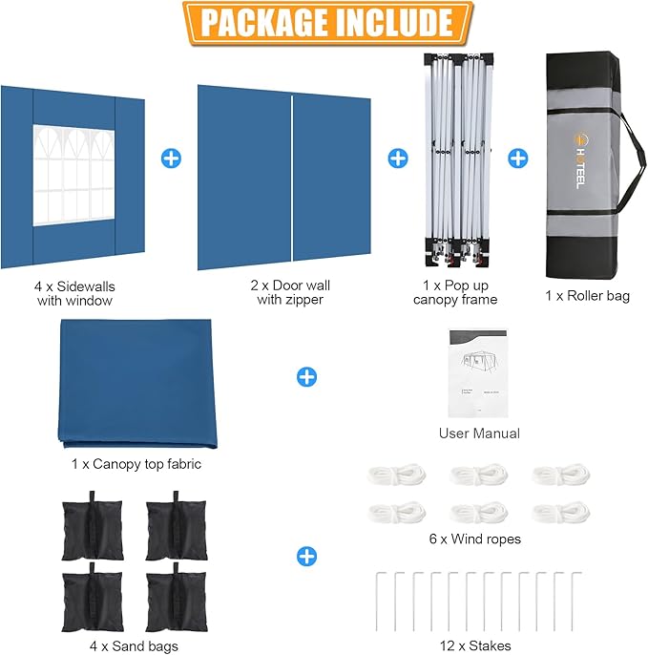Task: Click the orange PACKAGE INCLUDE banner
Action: pos(324,23)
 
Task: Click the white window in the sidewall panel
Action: pos(73,175)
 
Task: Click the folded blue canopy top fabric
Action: pos(138,385)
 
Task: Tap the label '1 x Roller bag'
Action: pos(587,297)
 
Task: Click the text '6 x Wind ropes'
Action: pos(475,539)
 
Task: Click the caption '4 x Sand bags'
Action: pos(119,646)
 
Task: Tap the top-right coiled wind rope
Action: pos(558,475)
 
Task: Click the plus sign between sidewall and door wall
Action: pos(171,158)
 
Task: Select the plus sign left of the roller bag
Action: pos(517,158)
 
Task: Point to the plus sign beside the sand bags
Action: pos(306,556)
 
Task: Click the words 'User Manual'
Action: pos(479,433)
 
